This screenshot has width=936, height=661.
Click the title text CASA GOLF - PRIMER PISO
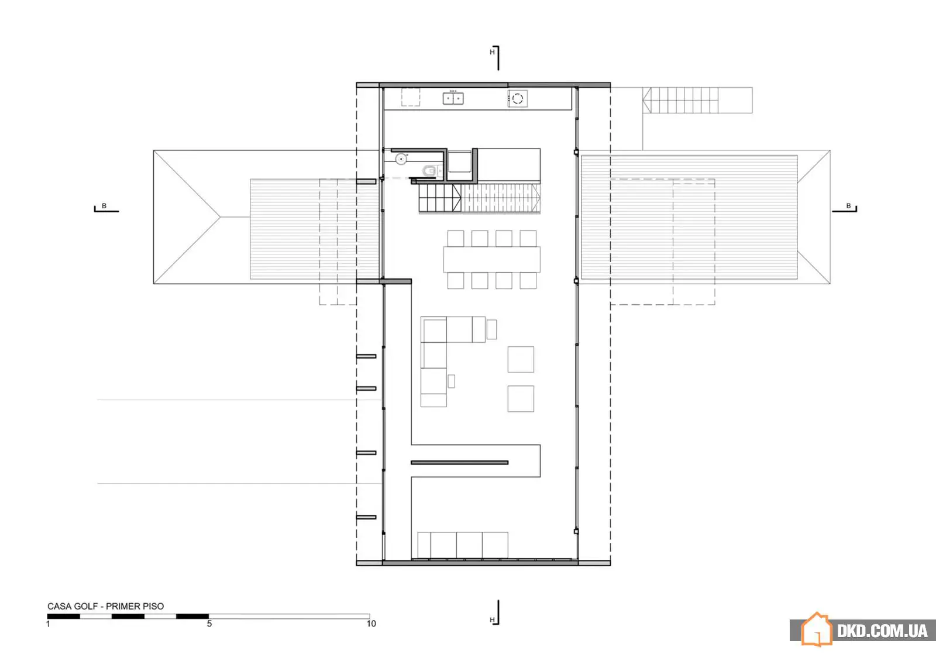pos(105,606)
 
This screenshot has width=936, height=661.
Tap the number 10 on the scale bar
pos(371,624)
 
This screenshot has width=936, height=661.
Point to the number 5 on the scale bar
pos(209,624)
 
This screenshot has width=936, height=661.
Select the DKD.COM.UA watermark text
pos(882,631)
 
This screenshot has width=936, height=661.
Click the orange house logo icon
pos(817,629)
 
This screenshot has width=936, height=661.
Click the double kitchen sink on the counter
pos(453,98)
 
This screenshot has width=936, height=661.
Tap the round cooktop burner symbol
pos(517,99)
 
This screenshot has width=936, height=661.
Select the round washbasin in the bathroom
pos(401,159)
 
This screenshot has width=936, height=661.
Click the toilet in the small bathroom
pos(431,171)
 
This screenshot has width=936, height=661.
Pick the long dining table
pos(492,260)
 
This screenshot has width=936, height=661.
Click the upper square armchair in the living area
pos(521,359)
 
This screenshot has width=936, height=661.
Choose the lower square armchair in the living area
pos(521,398)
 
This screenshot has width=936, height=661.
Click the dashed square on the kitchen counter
pos(411,97)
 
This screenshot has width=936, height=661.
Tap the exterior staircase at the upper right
pos(697,100)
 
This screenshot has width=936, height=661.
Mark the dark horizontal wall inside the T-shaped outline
pos(460,463)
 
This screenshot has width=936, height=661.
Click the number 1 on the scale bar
pos(48,624)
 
